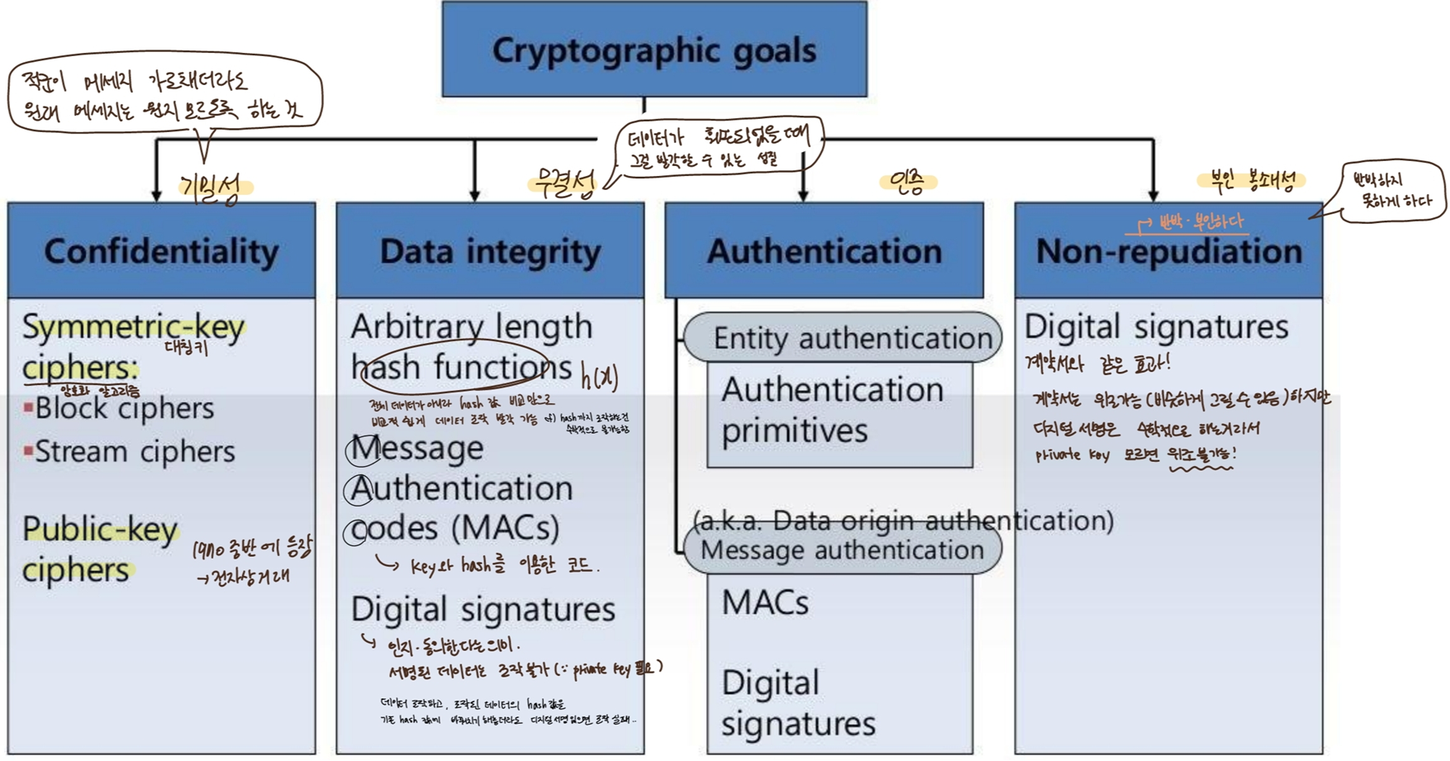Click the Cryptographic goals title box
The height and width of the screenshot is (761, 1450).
point(654,50)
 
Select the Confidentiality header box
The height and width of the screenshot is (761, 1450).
point(161,250)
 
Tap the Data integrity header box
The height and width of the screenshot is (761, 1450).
point(490,250)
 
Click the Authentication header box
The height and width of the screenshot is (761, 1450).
point(824,250)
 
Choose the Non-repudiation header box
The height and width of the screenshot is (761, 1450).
point(1168,250)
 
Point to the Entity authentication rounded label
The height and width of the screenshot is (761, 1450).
point(851,338)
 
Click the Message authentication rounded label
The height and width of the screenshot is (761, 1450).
point(842,549)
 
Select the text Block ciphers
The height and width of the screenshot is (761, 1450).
point(124,408)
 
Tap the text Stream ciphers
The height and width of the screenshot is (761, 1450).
point(135,451)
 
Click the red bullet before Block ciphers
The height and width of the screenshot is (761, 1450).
point(28,407)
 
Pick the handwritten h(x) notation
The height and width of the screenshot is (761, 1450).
point(599,377)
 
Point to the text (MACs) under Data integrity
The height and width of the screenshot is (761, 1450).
point(506,527)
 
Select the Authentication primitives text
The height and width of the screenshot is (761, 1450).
point(831,410)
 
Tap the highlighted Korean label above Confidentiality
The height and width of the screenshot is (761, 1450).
point(212,188)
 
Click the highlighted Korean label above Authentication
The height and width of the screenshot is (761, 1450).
point(907,183)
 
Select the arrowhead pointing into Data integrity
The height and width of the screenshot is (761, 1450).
point(474,195)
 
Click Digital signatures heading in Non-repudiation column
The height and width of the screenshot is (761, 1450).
point(1156,326)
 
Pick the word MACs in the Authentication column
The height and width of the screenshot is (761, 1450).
point(765,602)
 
